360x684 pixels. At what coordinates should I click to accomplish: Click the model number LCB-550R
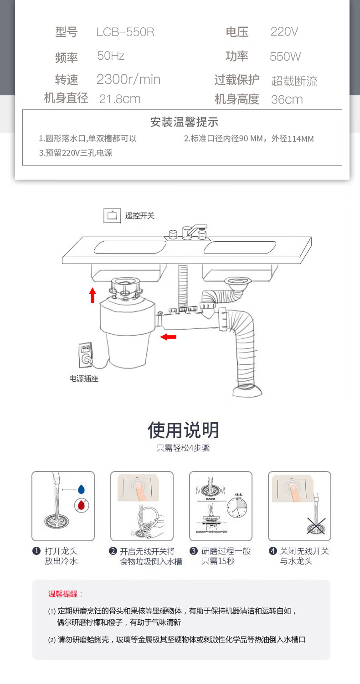[x=125, y=32]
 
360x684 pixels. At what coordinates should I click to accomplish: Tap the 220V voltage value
[x=284, y=31]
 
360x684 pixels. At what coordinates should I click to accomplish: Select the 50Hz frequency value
[x=110, y=56]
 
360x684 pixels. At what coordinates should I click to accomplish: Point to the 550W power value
[x=285, y=57]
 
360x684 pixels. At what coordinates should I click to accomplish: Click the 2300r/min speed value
[x=128, y=79]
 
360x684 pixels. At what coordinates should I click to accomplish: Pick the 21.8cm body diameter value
[x=119, y=99]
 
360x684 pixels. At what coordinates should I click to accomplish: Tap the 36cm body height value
[x=287, y=99]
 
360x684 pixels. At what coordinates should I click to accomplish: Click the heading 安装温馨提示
[x=184, y=122]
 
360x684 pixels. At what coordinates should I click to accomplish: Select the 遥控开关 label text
[x=139, y=216]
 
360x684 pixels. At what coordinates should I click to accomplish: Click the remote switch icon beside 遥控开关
[x=112, y=216]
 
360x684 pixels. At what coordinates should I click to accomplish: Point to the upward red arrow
[x=93, y=295]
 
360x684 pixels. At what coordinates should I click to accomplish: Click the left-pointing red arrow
[x=169, y=337]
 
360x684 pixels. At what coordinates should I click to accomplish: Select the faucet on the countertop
[x=188, y=231]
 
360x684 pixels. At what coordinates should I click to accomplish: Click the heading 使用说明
[x=183, y=430]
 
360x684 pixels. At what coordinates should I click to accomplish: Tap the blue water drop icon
[x=81, y=489]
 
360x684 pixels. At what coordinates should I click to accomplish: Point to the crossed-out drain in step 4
[x=315, y=526]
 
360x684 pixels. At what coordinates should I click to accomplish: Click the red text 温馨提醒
[x=66, y=594]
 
